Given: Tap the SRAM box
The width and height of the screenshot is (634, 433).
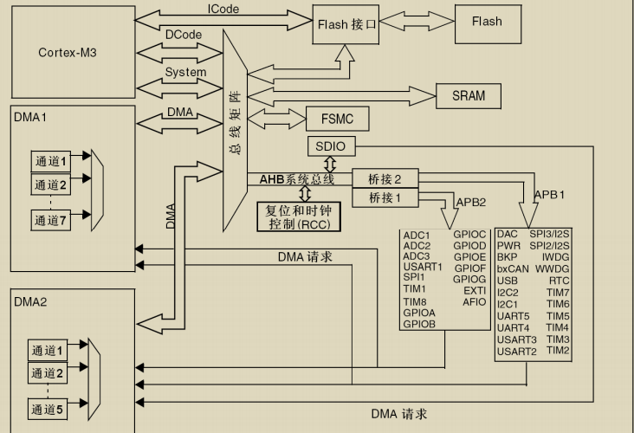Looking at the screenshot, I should tap(469, 95).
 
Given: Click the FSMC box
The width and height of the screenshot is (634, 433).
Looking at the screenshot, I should tap(338, 118).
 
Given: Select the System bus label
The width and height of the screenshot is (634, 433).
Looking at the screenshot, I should tap(185, 73).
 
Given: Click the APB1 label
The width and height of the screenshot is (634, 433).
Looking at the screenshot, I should tap(549, 195).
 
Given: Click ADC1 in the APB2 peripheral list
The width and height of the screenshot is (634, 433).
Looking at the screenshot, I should tap(417, 236).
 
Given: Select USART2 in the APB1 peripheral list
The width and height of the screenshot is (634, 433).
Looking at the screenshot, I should tap(516, 351).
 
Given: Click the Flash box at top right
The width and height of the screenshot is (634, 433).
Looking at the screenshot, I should tap(486, 22).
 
